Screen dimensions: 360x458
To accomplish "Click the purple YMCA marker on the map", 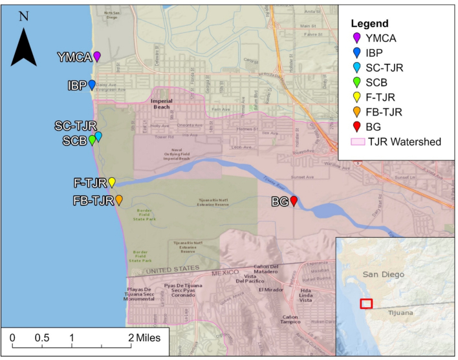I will pyautogui.click(x=97, y=56).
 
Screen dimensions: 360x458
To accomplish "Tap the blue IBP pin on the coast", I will pyautogui.click(x=92, y=85).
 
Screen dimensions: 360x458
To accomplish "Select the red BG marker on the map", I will pyautogui.click(x=294, y=202).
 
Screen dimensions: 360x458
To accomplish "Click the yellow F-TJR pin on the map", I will pyautogui.click(x=111, y=182).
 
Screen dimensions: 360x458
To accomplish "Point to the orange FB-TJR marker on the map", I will pyautogui.click(x=119, y=200).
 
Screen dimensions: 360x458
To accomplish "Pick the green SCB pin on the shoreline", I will pyautogui.click(x=92, y=140).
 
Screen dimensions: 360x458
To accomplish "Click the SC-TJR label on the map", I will pyautogui.click(x=75, y=125).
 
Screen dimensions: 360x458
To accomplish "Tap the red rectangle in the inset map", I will pyautogui.click(x=366, y=303).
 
